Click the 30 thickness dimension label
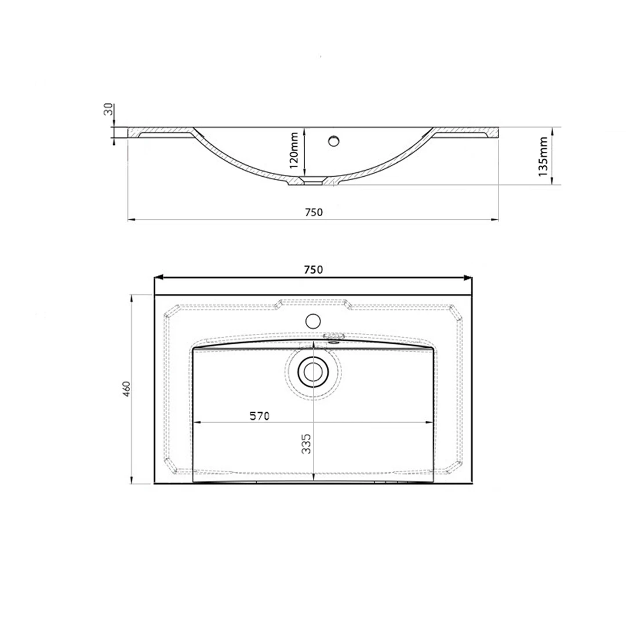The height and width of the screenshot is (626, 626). [x=108, y=109]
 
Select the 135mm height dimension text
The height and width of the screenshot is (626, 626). [x=543, y=156]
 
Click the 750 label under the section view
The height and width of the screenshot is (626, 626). [x=314, y=212]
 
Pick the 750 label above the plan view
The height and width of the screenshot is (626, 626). [x=314, y=270]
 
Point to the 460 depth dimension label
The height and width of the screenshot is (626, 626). [x=126, y=389]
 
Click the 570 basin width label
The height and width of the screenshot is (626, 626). [x=260, y=416]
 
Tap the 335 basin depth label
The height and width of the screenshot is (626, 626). [x=306, y=443]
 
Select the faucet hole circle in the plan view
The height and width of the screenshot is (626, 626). [x=313, y=321]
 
